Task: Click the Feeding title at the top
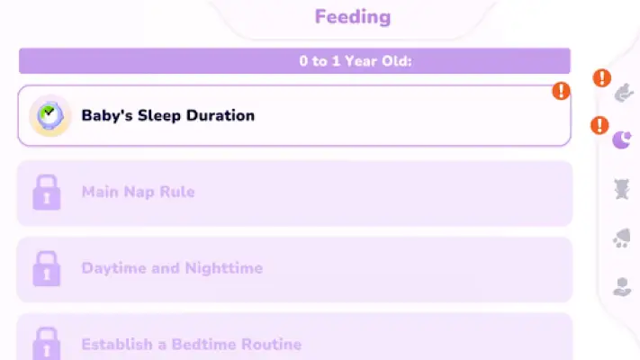point(353,17)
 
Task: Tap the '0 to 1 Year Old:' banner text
point(355,61)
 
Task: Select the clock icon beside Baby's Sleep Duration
point(50,115)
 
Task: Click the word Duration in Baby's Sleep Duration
point(221,115)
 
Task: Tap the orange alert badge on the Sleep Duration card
point(561,91)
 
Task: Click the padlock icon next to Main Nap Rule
point(47,193)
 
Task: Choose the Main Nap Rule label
point(138,192)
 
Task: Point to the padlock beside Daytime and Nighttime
point(47,268)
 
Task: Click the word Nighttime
point(223,268)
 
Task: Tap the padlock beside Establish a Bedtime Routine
point(47,344)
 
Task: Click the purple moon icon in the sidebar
point(622,140)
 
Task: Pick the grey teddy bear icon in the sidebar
point(622,189)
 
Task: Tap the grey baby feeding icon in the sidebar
point(624,93)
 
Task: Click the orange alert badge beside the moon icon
point(599,125)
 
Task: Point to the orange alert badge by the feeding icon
point(602,78)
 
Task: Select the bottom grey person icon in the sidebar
point(622,286)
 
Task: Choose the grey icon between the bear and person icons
point(622,238)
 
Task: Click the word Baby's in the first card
point(107,115)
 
